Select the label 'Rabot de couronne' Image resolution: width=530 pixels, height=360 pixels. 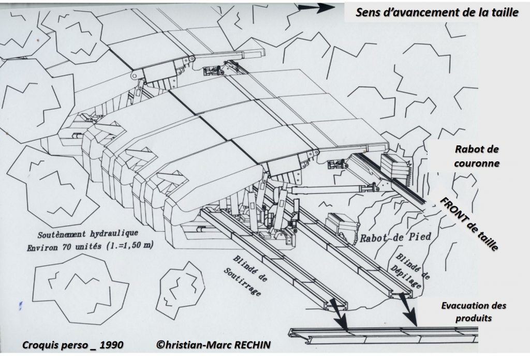(x=477, y=156)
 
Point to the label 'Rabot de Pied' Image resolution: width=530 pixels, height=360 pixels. (x=395, y=237)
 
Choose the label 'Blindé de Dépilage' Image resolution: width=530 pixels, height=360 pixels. (x=410, y=271)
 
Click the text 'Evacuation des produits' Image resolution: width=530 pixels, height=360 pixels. (x=474, y=311)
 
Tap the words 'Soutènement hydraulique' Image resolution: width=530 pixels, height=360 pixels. (x=88, y=234)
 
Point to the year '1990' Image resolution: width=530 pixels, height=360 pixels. (x=111, y=345)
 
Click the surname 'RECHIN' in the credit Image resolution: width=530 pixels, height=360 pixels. (x=252, y=344)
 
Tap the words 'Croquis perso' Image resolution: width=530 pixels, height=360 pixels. (x=54, y=345)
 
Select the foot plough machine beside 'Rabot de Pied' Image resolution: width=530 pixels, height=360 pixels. (x=342, y=226)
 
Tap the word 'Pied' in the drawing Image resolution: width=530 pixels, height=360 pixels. (x=419, y=236)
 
